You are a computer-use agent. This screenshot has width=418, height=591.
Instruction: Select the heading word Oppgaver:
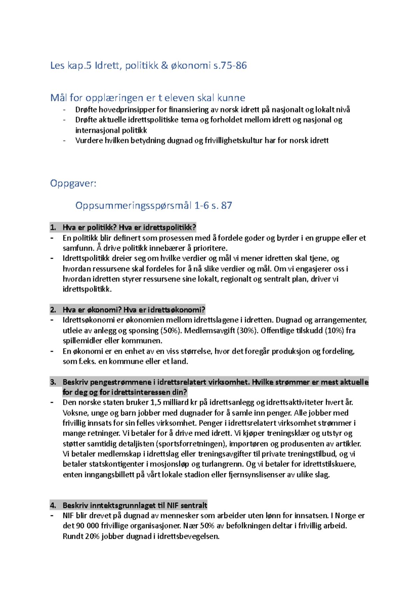[73, 183]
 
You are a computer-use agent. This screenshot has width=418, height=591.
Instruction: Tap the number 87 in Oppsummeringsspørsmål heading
[226, 205]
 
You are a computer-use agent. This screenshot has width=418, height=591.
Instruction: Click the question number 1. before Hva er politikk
[53, 228]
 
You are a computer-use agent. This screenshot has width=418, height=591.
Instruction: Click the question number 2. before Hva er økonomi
[53, 310]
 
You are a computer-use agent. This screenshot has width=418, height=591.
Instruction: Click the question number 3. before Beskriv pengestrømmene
[53, 382]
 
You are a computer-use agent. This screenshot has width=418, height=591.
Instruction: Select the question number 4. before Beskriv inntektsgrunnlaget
[53, 505]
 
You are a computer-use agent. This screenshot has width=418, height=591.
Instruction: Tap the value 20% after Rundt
[92, 536]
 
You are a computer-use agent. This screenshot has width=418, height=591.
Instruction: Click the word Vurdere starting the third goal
[89, 141]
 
